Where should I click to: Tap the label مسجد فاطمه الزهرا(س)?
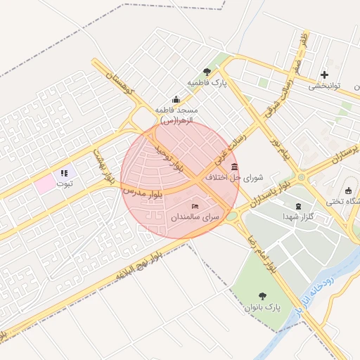click(176, 116)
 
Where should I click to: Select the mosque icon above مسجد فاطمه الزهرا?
click(176, 99)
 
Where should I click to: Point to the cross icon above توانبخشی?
click(324, 75)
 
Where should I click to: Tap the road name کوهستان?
click(117, 82)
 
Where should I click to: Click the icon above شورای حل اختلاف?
click(234, 167)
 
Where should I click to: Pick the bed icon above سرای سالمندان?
click(195, 206)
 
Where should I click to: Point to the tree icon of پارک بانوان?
click(263, 296)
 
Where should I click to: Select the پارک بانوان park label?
click(262, 307)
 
